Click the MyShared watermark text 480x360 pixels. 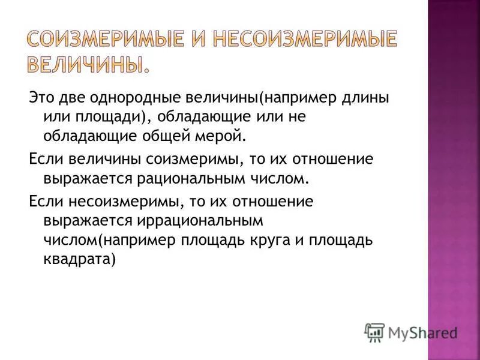423,331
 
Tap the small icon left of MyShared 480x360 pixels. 374,331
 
